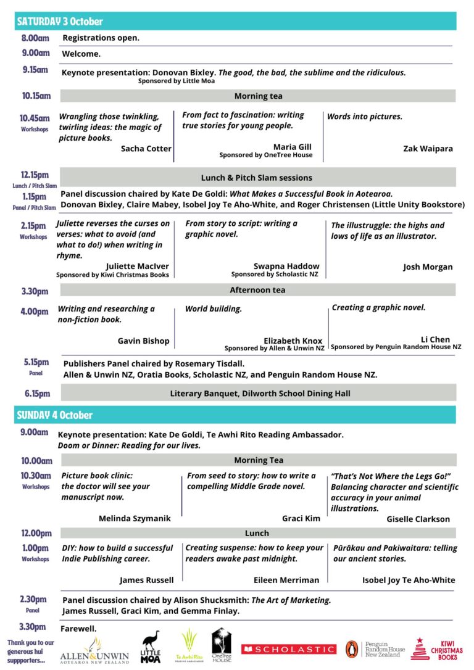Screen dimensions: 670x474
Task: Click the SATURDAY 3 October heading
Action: [x=60, y=21]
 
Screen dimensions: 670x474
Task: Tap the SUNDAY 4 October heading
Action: [x=55, y=415]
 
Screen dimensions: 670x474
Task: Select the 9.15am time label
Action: [x=35, y=70]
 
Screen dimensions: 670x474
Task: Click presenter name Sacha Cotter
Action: [x=146, y=149]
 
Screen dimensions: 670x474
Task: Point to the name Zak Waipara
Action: [x=428, y=149]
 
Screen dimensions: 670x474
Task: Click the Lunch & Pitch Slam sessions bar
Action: [x=257, y=178]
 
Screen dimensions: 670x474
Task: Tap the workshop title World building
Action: [x=214, y=308]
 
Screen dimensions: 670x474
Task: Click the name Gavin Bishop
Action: [x=143, y=341]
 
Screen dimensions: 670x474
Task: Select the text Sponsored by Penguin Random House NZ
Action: [x=396, y=347]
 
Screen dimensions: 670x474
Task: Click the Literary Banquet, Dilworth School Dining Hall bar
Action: [x=260, y=393]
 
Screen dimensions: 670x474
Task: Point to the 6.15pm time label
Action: [x=38, y=393]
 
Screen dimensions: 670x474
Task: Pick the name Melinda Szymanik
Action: [x=135, y=519]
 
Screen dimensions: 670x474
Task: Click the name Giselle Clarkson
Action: [x=418, y=519]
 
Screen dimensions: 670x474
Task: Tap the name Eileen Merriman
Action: [x=286, y=580]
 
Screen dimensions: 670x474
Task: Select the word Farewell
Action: [x=78, y=629]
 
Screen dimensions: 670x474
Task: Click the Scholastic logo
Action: [x=289, y=649]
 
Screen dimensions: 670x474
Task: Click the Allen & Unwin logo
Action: [x=94, y=651]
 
